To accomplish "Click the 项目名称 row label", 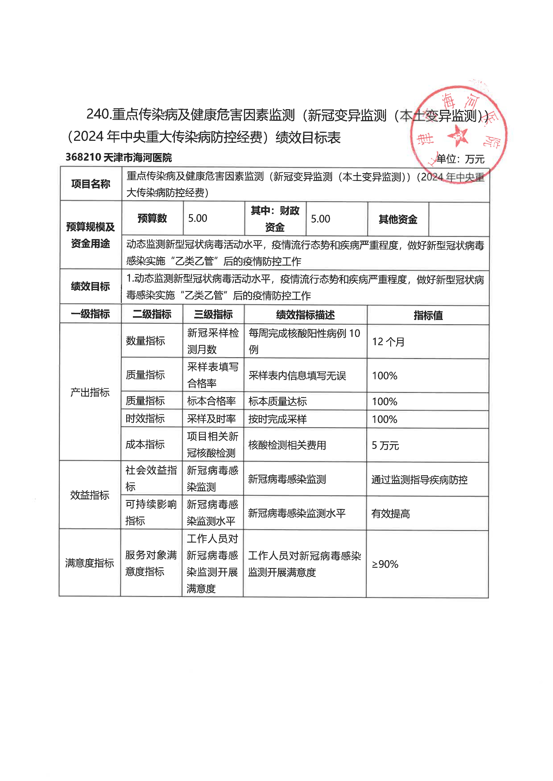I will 91,184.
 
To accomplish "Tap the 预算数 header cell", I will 152,218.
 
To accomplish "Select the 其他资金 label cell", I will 398,219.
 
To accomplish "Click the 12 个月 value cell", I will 388,341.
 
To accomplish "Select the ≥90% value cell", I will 385,564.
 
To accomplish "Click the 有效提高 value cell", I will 391,513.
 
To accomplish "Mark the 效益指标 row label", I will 90,495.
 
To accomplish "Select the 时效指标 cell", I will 145,418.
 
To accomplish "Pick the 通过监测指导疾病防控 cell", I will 419,480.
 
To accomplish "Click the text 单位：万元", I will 460,159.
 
